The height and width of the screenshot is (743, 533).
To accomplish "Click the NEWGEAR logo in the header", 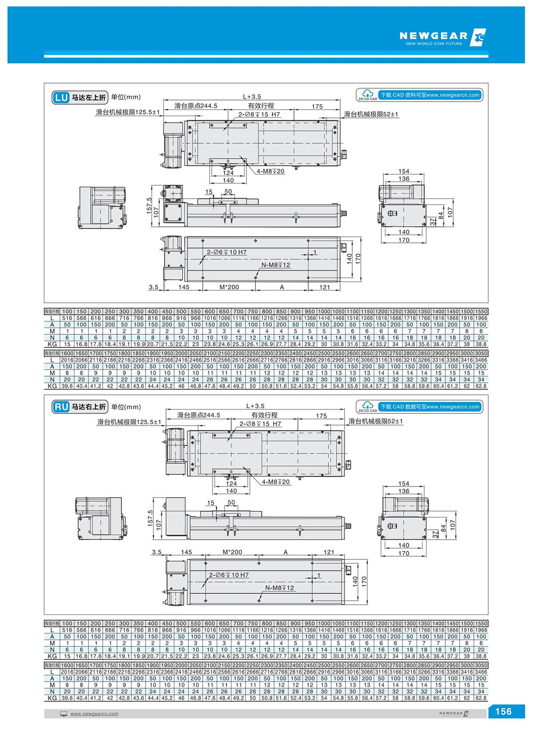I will point(442,37).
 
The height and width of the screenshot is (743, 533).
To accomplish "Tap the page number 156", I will point(503,711).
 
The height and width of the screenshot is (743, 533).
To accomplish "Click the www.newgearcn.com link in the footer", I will point(94,714).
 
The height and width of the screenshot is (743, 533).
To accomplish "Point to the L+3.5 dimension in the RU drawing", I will point(255,406).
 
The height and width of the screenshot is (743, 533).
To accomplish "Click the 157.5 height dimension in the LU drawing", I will point(149,205).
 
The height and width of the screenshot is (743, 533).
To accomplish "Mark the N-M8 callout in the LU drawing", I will point(275,265).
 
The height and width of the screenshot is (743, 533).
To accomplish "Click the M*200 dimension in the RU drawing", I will point(232,552).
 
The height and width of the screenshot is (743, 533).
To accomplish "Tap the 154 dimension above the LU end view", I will point(404,171).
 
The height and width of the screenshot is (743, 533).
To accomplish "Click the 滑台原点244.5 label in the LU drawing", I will point(196,106).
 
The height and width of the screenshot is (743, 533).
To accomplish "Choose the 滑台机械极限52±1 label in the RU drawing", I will point(375,421).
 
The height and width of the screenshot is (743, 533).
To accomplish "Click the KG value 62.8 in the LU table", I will point(481,386).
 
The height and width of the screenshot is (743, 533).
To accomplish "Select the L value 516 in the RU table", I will point(67,630).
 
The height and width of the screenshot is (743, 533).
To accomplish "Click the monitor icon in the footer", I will point(64,714).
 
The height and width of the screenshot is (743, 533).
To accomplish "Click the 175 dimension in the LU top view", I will point(317,106).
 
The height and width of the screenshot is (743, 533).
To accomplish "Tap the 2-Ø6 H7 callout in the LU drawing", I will point(227,252).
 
